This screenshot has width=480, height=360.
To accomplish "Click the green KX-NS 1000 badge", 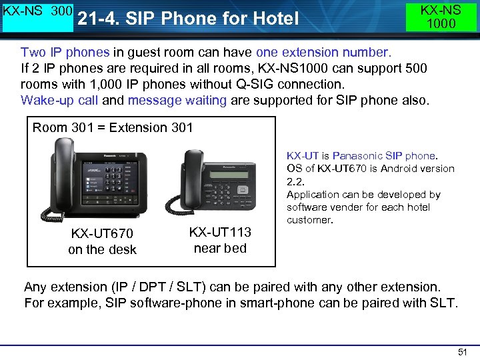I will coord(441,17).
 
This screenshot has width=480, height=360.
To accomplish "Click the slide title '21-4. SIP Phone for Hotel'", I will coord(188,19).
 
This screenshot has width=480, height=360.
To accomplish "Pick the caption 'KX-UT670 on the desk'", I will coord(102,241).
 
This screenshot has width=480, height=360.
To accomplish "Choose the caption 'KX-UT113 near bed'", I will coord(220,240).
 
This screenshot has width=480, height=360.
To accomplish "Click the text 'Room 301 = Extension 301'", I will coord(113,127).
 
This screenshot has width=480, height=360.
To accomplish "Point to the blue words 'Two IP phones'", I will coord(61,52).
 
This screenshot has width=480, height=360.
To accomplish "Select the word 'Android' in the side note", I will coord(398,169).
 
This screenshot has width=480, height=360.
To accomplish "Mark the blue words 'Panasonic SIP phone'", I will coord(385,156).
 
